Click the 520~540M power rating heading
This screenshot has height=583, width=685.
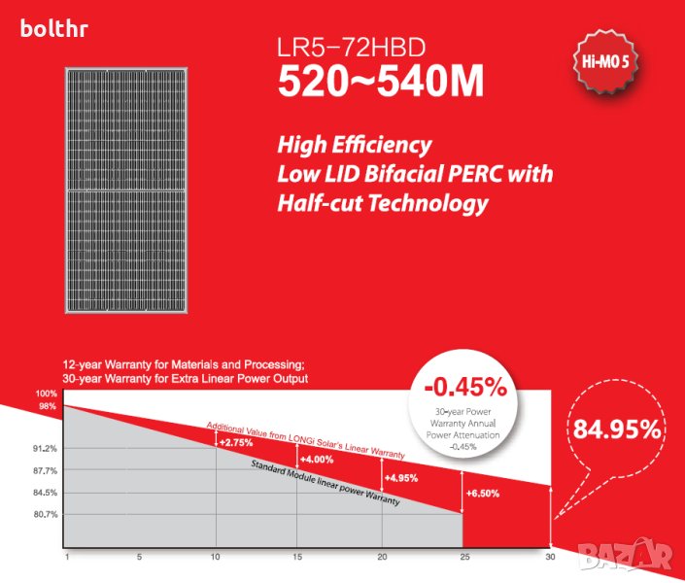(x=380, y=82)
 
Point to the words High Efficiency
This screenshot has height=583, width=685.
(x=354, y=146)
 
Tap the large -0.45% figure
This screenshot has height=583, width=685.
(x=465, y=387)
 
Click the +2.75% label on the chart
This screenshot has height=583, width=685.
(x=236, y=442)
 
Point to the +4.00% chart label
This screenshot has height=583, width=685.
(x=317, y=459)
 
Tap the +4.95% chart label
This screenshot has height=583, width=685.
(x=400, y=477)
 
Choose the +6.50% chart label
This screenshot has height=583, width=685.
(x=483, y=494)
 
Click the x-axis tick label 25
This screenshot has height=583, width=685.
(x=463, y=558)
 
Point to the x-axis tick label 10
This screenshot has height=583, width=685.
(x=215, y=558)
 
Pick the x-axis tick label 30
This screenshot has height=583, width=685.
(x=550, y=558)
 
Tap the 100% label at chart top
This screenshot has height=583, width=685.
(x=47, y=394)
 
